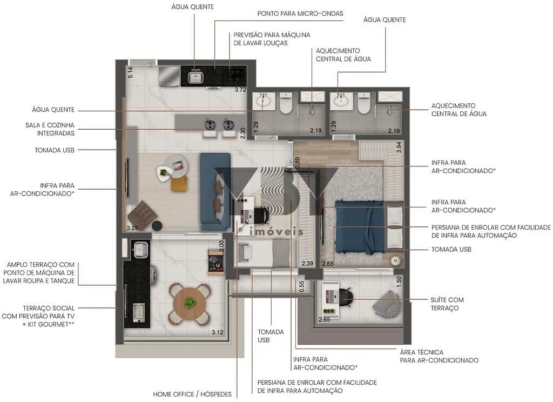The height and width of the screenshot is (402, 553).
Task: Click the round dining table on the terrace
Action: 189,303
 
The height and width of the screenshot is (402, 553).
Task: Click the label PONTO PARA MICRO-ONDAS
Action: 300,14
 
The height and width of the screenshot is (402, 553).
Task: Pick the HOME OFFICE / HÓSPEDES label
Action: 192,394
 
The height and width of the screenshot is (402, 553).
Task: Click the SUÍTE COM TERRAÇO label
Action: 447,304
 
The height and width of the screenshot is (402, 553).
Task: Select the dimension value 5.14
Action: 130,72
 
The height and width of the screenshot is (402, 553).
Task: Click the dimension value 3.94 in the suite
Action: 399,148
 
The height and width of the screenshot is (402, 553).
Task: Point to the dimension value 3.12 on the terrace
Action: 218,332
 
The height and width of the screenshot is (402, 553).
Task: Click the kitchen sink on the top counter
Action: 194,78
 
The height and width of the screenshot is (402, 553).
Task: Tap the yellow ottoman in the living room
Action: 179,184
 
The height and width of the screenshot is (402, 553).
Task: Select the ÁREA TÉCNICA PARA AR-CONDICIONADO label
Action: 439,356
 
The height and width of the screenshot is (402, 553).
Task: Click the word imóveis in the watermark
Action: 276,232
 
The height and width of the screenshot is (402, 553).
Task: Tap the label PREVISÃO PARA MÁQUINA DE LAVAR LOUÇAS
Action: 272,38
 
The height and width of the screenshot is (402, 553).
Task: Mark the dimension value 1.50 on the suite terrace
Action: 399,281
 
